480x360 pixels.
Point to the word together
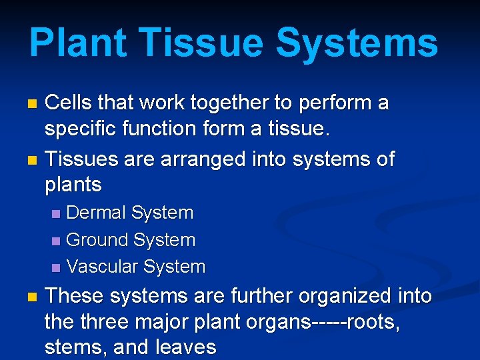(225, 103)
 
